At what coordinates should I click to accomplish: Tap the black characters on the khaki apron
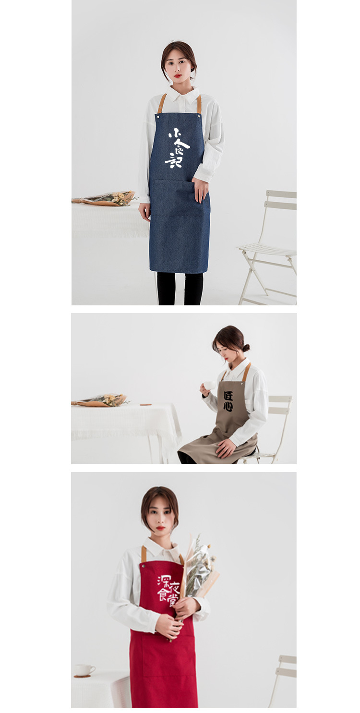(x=228, y=401)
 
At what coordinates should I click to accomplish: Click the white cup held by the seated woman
(x=209, y=385)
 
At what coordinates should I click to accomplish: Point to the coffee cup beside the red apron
(x=84, y=670)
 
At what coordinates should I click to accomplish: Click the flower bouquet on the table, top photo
(x=108, y=198)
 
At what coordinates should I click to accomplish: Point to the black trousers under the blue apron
(x=180, y=288)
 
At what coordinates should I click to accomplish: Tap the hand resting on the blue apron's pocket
(x=200, y=189)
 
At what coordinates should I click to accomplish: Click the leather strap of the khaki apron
(x=246, y=373)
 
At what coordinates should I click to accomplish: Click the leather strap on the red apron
(x=144, y=554)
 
